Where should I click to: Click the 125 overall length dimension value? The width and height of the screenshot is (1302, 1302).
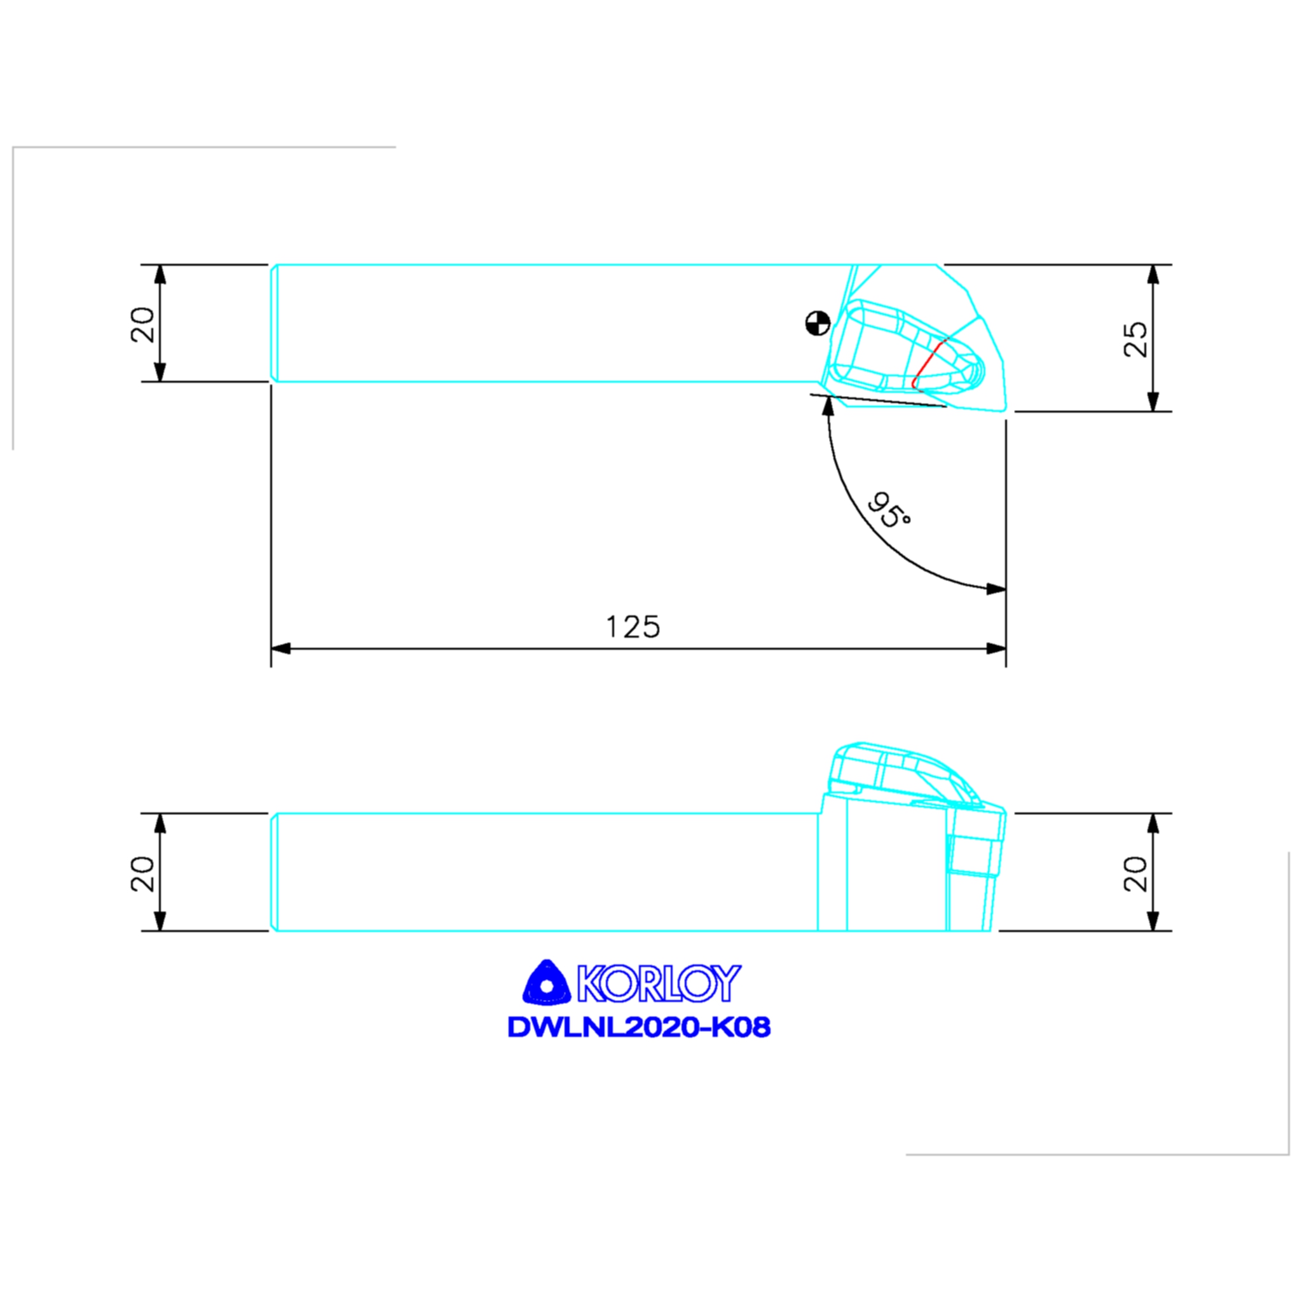(633, 627)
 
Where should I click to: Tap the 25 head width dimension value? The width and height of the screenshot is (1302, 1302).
(1135, 339)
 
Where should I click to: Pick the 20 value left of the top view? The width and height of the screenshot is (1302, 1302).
(142, 324)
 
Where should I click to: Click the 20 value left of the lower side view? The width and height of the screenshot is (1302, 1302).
(142, 874)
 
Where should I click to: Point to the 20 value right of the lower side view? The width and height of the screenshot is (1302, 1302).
(1135, 874)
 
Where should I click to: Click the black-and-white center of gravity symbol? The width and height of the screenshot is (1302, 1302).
(818, 323)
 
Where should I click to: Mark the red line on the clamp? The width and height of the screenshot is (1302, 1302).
(928, 364)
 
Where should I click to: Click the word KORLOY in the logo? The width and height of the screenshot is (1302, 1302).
(659, 983)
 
